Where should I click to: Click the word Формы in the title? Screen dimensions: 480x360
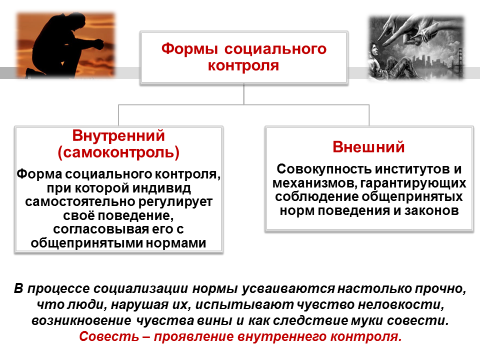point(189,49)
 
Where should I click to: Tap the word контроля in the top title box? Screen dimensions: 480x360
point(243,65)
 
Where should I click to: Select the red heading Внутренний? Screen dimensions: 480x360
point(119,136)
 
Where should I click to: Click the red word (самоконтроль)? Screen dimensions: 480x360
point(119,153)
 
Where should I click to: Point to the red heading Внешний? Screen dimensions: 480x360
point(369,147)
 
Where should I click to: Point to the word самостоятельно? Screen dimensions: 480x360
point(80,202)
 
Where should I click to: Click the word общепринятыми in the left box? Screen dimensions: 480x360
point(87,243)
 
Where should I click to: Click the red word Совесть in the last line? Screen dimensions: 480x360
point(109,336)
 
